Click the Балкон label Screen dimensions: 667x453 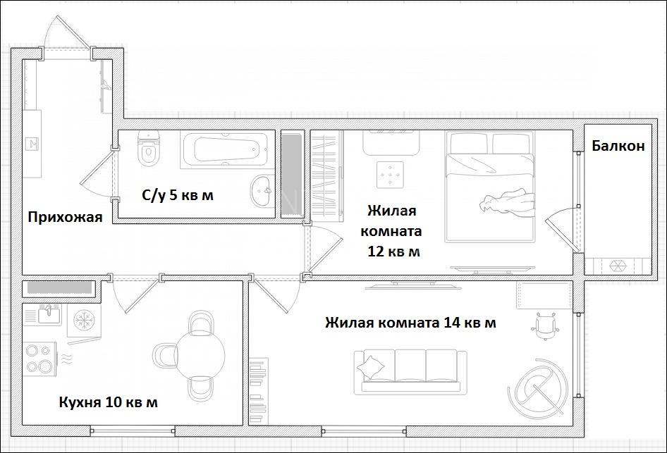tap(618, 146)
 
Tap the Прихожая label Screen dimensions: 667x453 tap(65, 217)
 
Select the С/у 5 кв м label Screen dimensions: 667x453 tap(178, 195)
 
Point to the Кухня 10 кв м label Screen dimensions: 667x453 tap(108, 402)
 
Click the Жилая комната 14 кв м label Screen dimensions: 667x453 tap(410, 323)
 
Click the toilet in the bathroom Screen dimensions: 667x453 tap(149, 149)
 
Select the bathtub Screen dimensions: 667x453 tap(225, 149)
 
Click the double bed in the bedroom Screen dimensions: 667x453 tap(489, 187)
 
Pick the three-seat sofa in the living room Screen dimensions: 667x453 tap(410, 372)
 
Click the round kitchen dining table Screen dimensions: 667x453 tap(200, 355)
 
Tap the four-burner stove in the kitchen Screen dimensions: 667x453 tap(39, 359)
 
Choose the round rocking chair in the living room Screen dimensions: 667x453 tap(538, 387)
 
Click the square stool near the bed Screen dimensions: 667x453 tap(390, 174)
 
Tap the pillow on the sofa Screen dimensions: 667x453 tap(370, 367)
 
